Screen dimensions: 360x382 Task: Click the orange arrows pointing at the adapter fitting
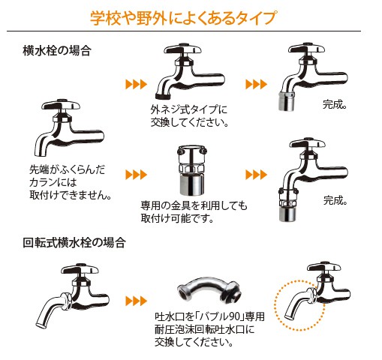(134, 175)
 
